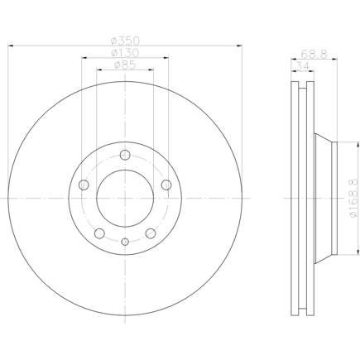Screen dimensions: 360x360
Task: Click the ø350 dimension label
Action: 125,41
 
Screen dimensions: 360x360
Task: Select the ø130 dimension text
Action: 125,53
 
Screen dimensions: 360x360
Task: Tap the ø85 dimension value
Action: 125,65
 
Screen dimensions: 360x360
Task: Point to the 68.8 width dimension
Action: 314,54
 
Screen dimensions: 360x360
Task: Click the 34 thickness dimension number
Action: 303,66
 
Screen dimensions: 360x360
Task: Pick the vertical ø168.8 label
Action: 354,198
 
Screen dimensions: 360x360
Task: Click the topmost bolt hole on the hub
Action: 125,155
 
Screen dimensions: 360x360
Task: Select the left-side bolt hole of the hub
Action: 84,185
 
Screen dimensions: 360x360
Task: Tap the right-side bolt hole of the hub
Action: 166,185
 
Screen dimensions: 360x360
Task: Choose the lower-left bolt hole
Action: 99,233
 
